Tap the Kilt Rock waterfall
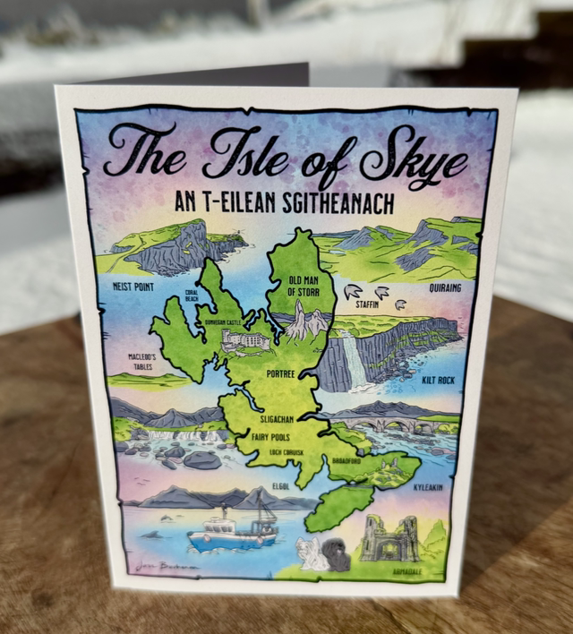point(355,362)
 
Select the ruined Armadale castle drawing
point(390,538)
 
